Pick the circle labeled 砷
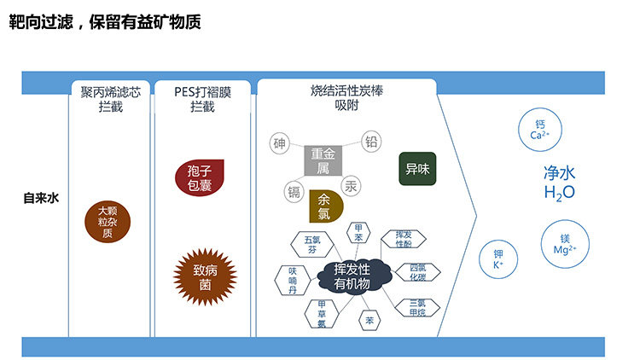pyautogui.click(x=280, y=143)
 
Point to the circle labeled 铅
pyautogui.click(x=371, y=142)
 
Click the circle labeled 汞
pyautogui.click(x=351, y=185)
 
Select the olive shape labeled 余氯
pyautogui.click(x=324, y=206)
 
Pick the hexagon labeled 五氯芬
pyautogui.click(x=311, y=245)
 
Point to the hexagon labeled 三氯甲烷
pyautogui.click(x=417, y=307)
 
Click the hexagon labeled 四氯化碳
pyautogui.click(x=417, y=272)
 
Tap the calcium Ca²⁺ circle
pyautogui.click(x=538, y=131)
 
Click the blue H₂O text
pyautogui.click(x=559, y=193)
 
